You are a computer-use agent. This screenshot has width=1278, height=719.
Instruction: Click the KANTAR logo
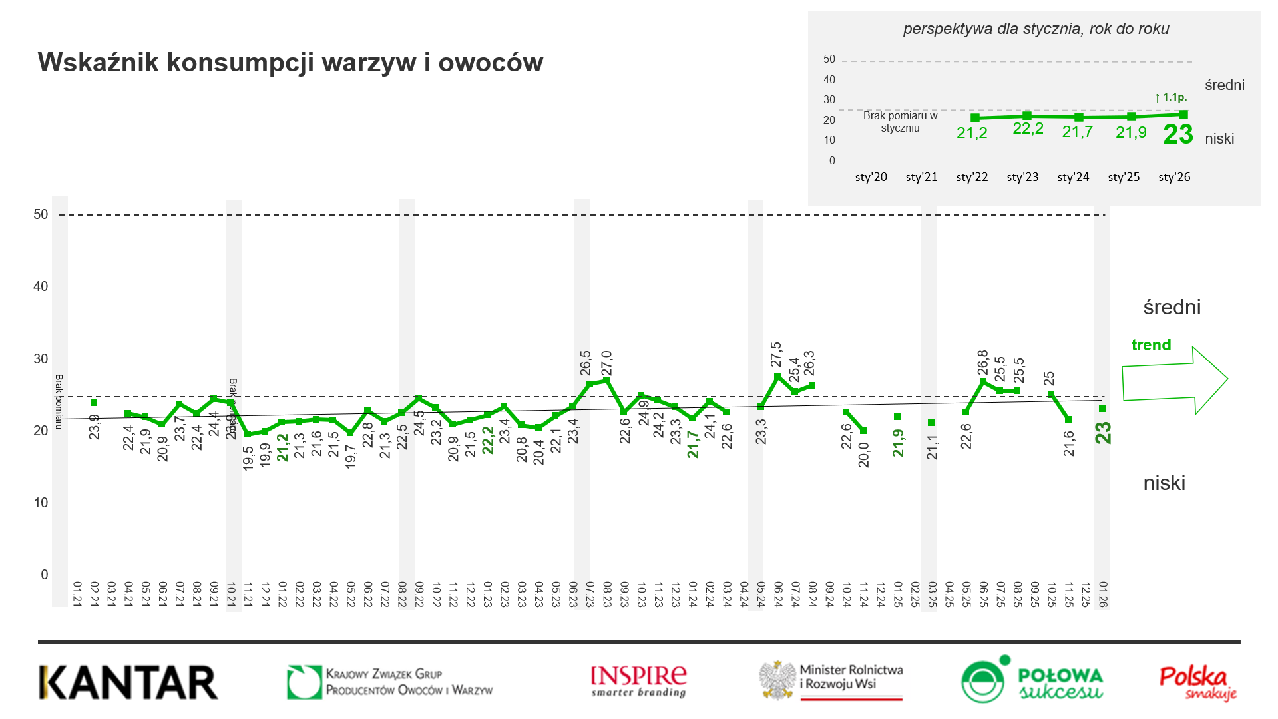[128, 682]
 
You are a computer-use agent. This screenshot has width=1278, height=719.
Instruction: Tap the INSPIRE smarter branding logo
[638, 682]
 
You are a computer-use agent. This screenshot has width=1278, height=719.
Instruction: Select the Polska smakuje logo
[1197, 683]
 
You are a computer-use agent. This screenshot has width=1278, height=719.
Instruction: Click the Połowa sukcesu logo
[1032, 680]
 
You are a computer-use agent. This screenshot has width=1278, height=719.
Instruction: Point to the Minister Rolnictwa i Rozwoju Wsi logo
[832, 680]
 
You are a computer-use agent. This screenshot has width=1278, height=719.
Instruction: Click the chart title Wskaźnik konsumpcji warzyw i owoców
[290, 63]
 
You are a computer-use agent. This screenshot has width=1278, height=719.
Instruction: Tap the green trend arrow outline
[1174, 380]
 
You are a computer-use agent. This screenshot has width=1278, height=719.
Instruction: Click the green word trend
[1151, 345]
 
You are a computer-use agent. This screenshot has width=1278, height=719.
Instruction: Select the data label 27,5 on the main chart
[776, 354]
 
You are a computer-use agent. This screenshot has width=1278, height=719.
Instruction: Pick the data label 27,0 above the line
[607, 363]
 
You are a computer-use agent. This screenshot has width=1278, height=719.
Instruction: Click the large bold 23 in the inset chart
[1178, 134]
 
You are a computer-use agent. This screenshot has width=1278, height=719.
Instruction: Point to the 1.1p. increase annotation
[1171, 97]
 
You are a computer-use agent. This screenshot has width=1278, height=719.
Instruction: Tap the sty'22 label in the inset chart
[972, 177]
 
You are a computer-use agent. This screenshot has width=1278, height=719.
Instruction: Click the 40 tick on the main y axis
[41, 286]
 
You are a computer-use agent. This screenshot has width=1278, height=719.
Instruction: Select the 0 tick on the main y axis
[45, 575]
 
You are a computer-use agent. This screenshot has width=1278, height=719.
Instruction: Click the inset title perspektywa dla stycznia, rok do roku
[1036, 29]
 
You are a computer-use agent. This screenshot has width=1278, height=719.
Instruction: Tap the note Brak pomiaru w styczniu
[900, 122]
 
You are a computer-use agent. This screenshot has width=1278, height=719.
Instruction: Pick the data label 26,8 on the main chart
[983, 363]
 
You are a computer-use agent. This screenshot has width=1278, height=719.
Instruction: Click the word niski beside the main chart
[1164, 483]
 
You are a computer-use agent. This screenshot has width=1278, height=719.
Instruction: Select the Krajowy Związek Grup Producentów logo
[390, 682]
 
